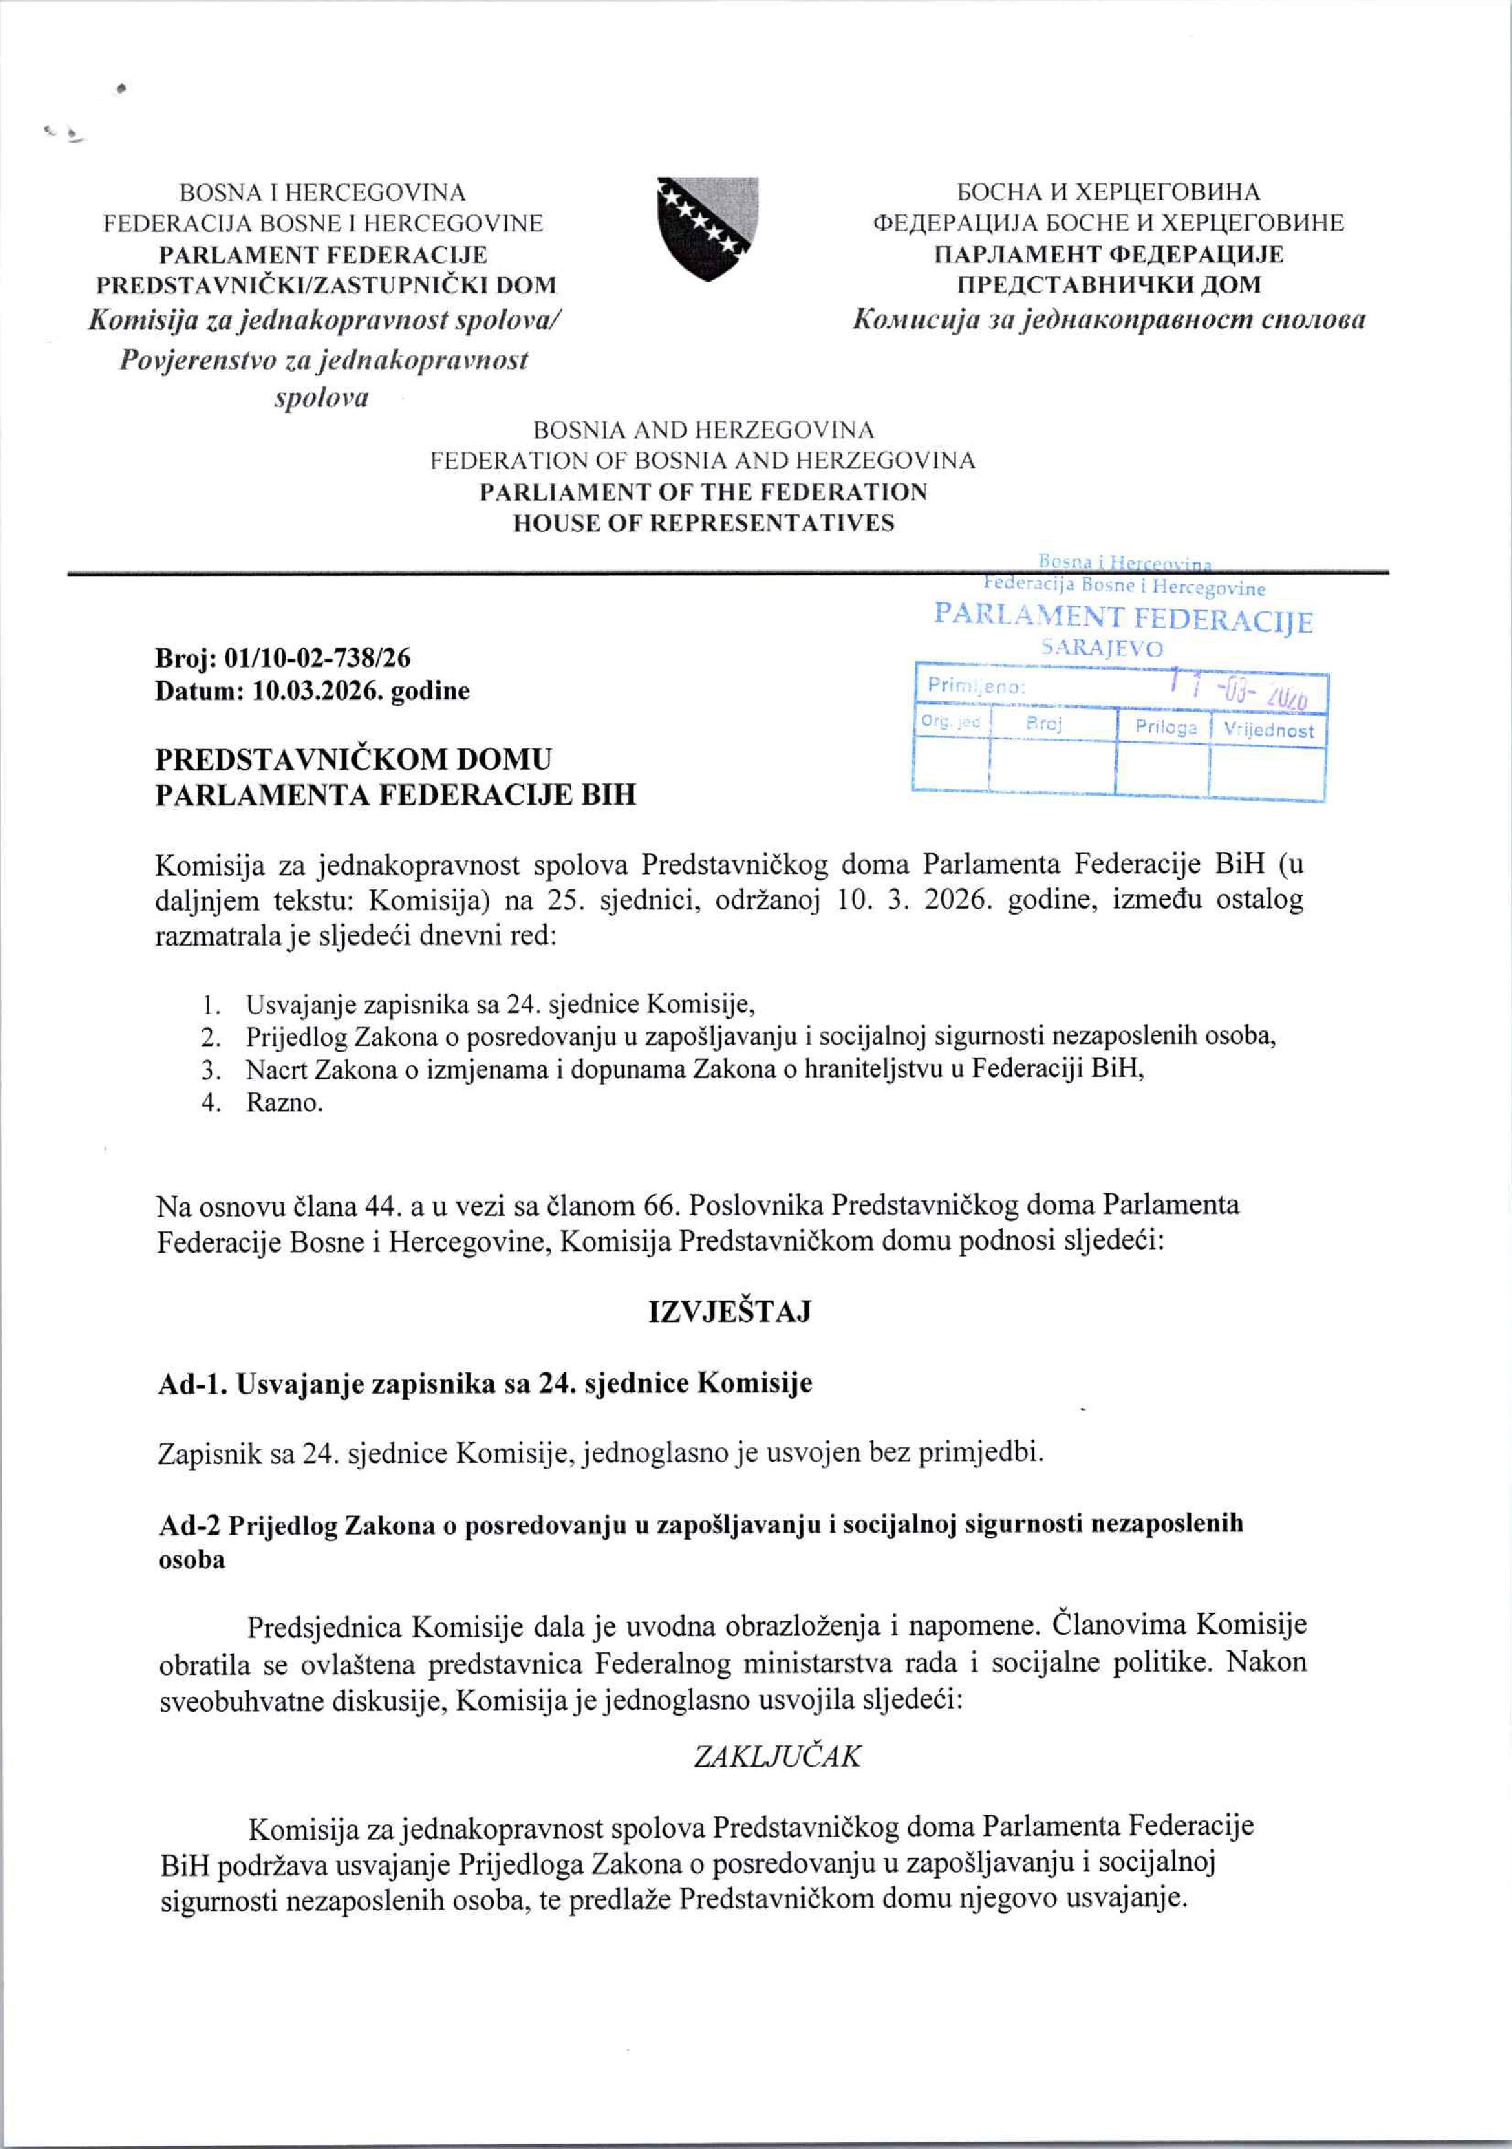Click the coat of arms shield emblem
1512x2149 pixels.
pos(708,229)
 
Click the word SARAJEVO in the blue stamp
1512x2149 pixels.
pos(1102,649)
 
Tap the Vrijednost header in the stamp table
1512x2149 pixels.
pos(1269,730)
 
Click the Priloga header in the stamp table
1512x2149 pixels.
pos(1166,728)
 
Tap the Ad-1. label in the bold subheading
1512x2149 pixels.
pos(193,1383)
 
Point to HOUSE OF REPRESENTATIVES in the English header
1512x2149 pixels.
pos(703,522)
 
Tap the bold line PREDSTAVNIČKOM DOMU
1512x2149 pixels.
pos(353,758)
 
